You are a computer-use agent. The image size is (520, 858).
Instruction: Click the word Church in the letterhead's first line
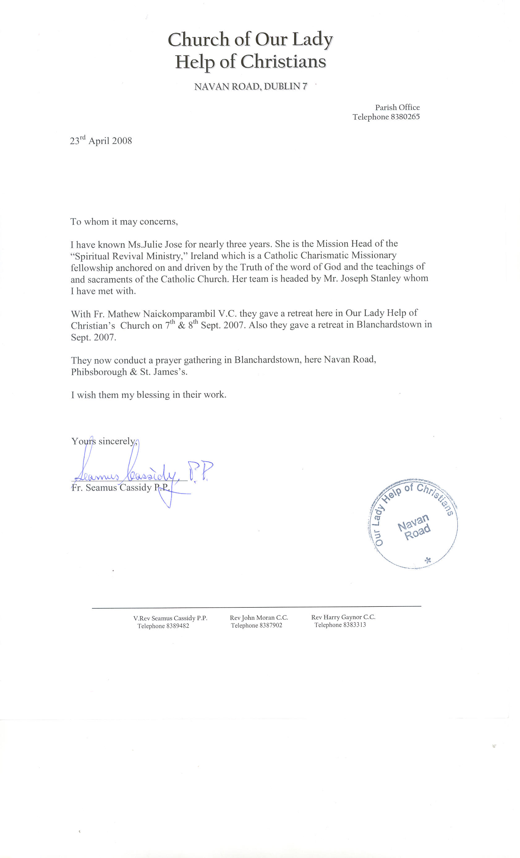[x=198, y=39]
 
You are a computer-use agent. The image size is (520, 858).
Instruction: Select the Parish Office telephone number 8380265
[x=405, y=117]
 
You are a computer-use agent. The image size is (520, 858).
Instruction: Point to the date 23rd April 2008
[x=101, y=141]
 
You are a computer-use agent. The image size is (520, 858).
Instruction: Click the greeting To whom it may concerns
[x=124, y=222]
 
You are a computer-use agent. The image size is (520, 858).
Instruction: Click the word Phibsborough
[x=99, y=372]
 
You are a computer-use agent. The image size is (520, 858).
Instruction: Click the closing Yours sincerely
[x=104, y=441]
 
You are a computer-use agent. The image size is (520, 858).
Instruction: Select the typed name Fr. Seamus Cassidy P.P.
[x=120, y=488]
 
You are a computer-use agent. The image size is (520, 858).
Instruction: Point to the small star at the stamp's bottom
[x=428, y=560]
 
